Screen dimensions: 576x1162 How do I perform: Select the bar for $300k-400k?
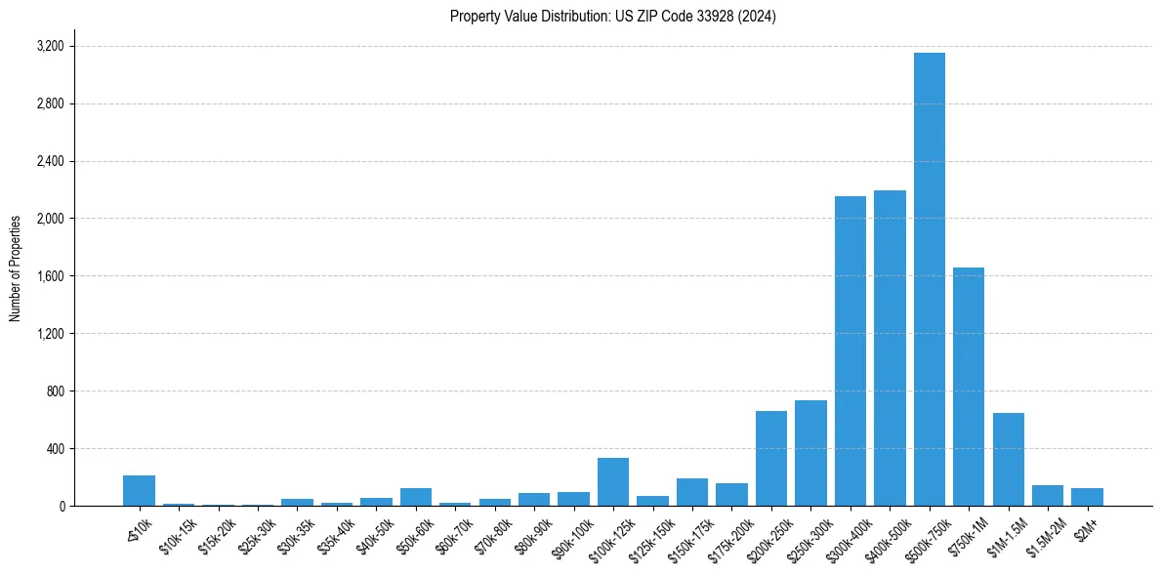point(850,351)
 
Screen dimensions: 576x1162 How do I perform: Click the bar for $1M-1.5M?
point(1008,460)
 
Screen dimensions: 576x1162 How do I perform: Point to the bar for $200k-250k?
point(770,459)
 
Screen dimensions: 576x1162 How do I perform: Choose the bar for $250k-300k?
point(810,453)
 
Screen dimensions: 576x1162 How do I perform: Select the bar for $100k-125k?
point(612,482)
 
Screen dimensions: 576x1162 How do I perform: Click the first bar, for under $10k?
point(139,491)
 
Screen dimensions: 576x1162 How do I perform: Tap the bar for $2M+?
point(1087,497)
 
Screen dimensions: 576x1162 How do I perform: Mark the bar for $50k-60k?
point(415,497)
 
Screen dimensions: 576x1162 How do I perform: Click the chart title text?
point(612,17)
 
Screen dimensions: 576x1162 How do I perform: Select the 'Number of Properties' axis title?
point(16,267)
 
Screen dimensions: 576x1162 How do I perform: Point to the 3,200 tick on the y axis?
point(50,46)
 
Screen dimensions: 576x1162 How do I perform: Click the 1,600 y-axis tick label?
point(50,276)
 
